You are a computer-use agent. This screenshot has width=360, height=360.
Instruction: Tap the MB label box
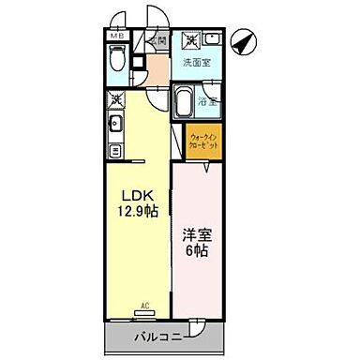[x=116, y=37]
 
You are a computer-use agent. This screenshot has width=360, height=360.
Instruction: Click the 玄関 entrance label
[x=158, y=42]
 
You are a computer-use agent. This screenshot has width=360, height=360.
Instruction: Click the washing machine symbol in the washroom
[x=190, y=40]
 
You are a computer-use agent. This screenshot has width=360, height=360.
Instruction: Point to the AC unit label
[x=145, y=304]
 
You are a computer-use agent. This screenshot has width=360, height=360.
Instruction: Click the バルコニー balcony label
[x=156, y=335]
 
